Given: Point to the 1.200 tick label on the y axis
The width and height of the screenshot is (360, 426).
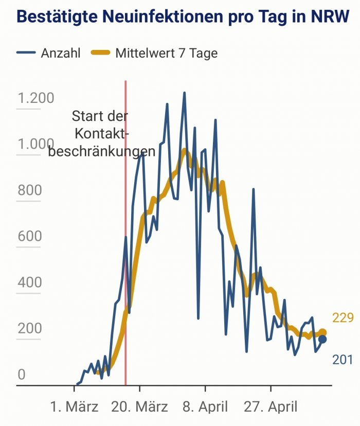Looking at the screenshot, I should click(x=35, y=98).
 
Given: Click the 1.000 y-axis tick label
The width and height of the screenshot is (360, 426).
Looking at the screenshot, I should click(x=35, y=144).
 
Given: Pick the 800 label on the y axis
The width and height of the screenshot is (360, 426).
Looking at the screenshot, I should click(x=29, y=190).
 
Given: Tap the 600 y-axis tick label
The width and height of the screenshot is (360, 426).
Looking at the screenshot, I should click(x=29, y=236).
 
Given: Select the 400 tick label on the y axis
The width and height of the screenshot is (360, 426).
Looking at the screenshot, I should click(x=29, y=282).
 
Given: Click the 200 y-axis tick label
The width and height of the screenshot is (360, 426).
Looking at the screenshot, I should click(x=29, y=328).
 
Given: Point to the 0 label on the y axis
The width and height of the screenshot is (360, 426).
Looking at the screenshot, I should click(x=22, y=375).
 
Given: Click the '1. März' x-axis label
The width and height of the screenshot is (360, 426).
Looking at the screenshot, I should click(x=75, y=407).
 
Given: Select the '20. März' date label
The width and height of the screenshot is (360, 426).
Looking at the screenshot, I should click(x=140, y=407).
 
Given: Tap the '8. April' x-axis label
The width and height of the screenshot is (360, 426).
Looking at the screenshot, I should click(x=205, y=407).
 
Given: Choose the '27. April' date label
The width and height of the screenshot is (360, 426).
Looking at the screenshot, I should click(x=270, y=407).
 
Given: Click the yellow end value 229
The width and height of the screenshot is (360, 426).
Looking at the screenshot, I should click(x=343, y=318).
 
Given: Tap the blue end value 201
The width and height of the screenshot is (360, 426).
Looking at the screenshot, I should click(x=343, y=360).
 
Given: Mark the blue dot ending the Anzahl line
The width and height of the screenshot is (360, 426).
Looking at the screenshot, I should click(x=322, y=339).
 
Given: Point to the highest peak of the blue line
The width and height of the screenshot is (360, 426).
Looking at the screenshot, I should click(x=184, y=93).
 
